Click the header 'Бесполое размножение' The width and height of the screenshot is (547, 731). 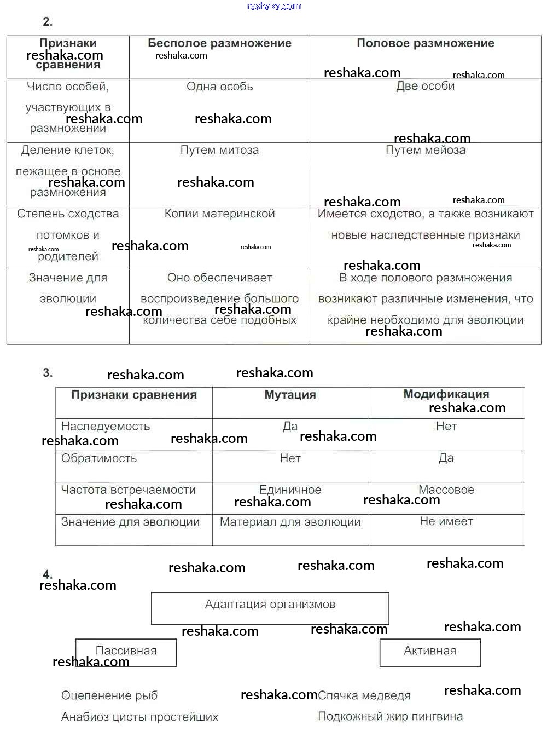(219, 43)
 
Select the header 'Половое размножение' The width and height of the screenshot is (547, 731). (425, 43)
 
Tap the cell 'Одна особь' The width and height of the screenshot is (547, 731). (219, 87)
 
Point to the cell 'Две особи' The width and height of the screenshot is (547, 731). (425, 86)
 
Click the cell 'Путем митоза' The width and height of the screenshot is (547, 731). (219, 150)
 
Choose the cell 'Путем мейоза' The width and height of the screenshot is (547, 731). (425, 150)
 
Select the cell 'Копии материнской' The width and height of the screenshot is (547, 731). (219, 214)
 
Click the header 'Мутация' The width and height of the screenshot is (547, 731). (290, 395)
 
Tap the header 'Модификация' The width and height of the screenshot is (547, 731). (446, 394)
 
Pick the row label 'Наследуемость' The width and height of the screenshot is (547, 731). (106, 426)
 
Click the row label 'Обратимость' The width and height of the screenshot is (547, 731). (99, 458)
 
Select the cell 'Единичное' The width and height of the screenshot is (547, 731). (290, 490)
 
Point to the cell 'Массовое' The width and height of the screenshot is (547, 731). (446, 490)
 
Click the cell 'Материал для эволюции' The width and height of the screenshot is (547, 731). (290, 522)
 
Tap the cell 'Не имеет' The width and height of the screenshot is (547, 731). (446, 521)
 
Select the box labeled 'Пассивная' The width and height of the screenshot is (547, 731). (126, 652)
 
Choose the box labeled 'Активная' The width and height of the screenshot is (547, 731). (430, 652)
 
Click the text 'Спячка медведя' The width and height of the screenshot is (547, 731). (364, 695)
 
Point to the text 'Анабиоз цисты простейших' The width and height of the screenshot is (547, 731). (139, 717)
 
